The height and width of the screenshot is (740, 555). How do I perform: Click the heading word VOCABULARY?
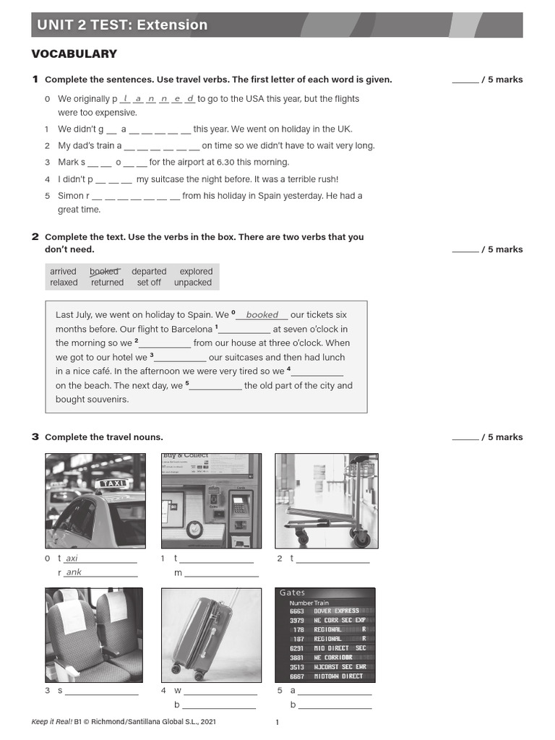(x=74, y=54)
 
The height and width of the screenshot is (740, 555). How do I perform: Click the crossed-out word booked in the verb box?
(x=104, y=272)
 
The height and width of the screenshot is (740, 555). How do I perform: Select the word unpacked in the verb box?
(x=193, y=283)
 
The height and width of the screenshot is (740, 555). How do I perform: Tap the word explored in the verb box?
(x=196, y=272)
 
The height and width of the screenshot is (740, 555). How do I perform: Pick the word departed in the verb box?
(x=149, y=272)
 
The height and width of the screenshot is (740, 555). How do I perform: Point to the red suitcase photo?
(x=211, y=634)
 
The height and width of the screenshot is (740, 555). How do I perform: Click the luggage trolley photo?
(x=325, y=500)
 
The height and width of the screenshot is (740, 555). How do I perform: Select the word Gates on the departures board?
(x=293, y=593)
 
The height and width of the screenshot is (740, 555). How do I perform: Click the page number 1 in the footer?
(x=277, y=722)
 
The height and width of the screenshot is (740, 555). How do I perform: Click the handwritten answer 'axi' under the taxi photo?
(x=72, y=559)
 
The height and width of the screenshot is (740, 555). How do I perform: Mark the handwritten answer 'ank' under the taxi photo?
(x=74, y=573)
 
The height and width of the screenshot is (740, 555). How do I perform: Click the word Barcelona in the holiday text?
(x=192, y=330)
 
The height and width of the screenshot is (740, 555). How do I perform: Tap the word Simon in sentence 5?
(x=71, y=196)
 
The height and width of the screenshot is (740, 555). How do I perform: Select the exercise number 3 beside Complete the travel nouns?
(x=35, y=437)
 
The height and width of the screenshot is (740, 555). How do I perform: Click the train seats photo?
(x=94, y=634)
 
